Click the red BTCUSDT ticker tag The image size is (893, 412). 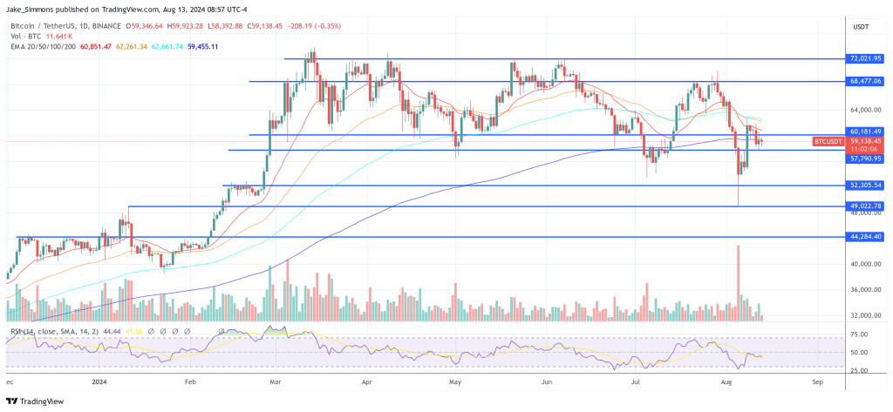click(828, 141)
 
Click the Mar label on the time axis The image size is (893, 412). click(276, 381)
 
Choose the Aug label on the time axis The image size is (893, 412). click(726, 381)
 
